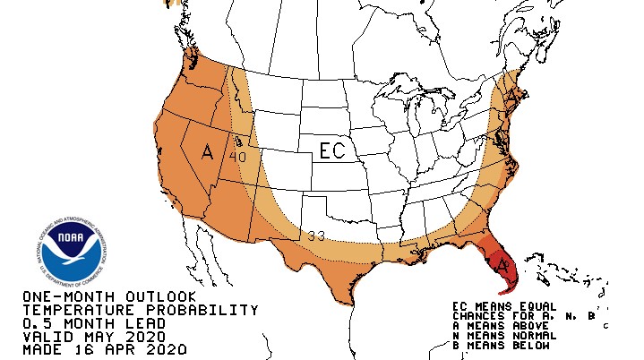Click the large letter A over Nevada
point(208,152)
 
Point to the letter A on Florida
point(502,265)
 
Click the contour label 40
point(237,157)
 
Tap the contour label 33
point(315,236)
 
